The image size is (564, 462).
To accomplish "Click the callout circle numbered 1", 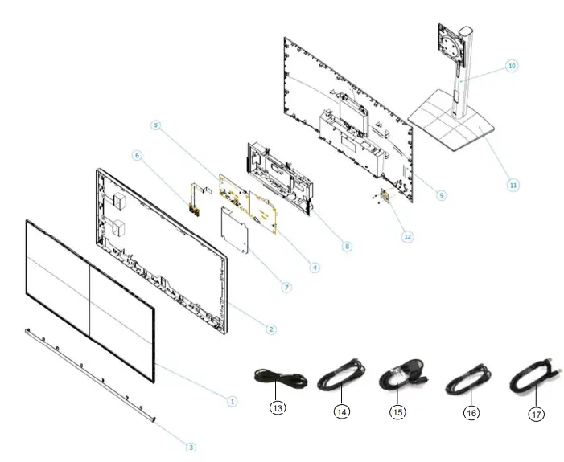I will (x=231, y=399).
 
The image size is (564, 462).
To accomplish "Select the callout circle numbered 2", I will (x=271, y=329).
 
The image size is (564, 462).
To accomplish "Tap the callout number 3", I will (x=191, y=446).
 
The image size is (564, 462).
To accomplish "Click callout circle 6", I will (x=137, y=156).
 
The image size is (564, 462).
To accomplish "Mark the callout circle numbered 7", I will (x=286, y=287).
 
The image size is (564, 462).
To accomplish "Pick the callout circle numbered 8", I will (x=347, y=246).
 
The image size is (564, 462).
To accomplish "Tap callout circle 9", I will (x=442, y=194).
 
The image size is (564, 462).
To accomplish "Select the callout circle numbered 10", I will (x=512, y=66).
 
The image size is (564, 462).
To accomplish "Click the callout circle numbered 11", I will (x=513, y=184).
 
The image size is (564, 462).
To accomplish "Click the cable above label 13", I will (x=278, y=378).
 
